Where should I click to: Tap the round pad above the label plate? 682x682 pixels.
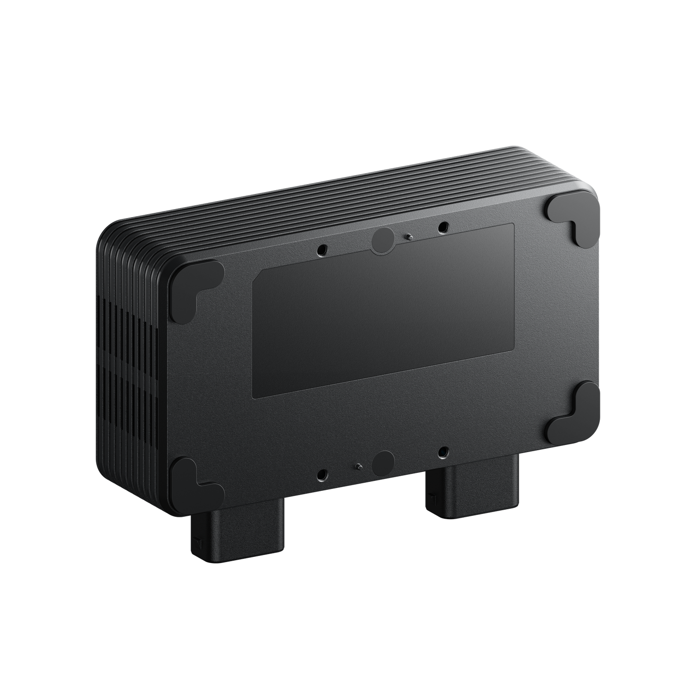[x=383, y=241]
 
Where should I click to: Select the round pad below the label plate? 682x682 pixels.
[x=382, y=463]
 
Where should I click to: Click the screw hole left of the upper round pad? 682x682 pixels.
[x=323, y=249]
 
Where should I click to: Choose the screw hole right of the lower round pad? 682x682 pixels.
[x=442, y=452]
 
